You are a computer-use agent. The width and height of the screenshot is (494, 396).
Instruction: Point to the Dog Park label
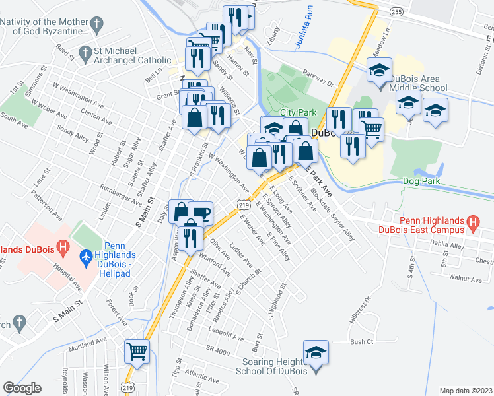click(x=420, y=181)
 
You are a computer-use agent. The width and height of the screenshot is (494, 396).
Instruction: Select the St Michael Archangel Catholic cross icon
click(x=85, y=52)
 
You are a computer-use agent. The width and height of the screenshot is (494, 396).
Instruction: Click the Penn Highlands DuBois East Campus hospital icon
click(x=473, y=223)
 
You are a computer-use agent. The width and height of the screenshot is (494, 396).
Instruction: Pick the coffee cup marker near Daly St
click(x=200, y=213)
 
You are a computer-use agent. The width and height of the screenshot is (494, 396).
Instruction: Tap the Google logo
click(x=22, y=388)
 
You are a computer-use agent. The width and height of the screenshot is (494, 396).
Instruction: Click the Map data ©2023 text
click(x=466, y=391)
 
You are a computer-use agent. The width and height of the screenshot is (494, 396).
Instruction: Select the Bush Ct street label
click(x=362, y=342)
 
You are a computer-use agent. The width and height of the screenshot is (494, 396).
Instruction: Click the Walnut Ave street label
click(x=465, y=279)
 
